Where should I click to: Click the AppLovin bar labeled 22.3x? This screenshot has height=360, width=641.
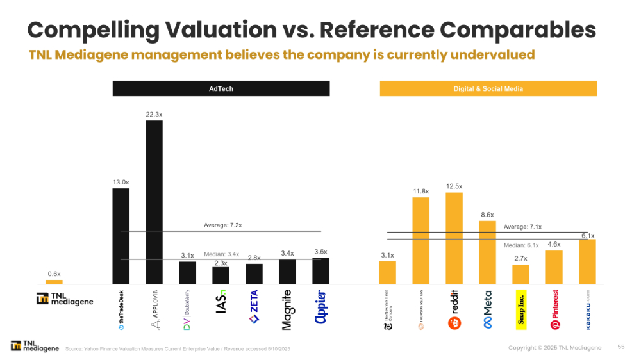click(x=154, y=202)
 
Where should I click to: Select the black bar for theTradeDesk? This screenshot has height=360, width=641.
click(x=121, y=236)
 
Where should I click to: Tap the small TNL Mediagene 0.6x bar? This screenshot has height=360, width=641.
click(x=54, y=281)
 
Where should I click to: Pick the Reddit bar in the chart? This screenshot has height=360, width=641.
click(x=454, y=238)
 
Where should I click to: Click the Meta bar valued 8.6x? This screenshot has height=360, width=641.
click(x=487, y=252)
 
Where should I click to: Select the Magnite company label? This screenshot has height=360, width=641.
click(x=287, y=309)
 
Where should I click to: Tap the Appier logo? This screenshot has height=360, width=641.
click(x=320, y=308)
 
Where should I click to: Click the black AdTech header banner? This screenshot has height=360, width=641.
click(x=221, y=88)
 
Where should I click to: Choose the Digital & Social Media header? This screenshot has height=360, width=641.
click(x=488, y=88)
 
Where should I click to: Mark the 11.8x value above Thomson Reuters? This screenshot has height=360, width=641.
click(x=420, y=190)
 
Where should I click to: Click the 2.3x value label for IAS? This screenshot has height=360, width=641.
click(x=221, y=263)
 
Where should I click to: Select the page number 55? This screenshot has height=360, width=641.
click(x=621, y=347)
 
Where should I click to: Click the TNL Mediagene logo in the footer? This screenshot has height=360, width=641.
click(x=35, y=347)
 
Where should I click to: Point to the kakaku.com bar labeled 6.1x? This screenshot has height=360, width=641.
click(x=587, y=261)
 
